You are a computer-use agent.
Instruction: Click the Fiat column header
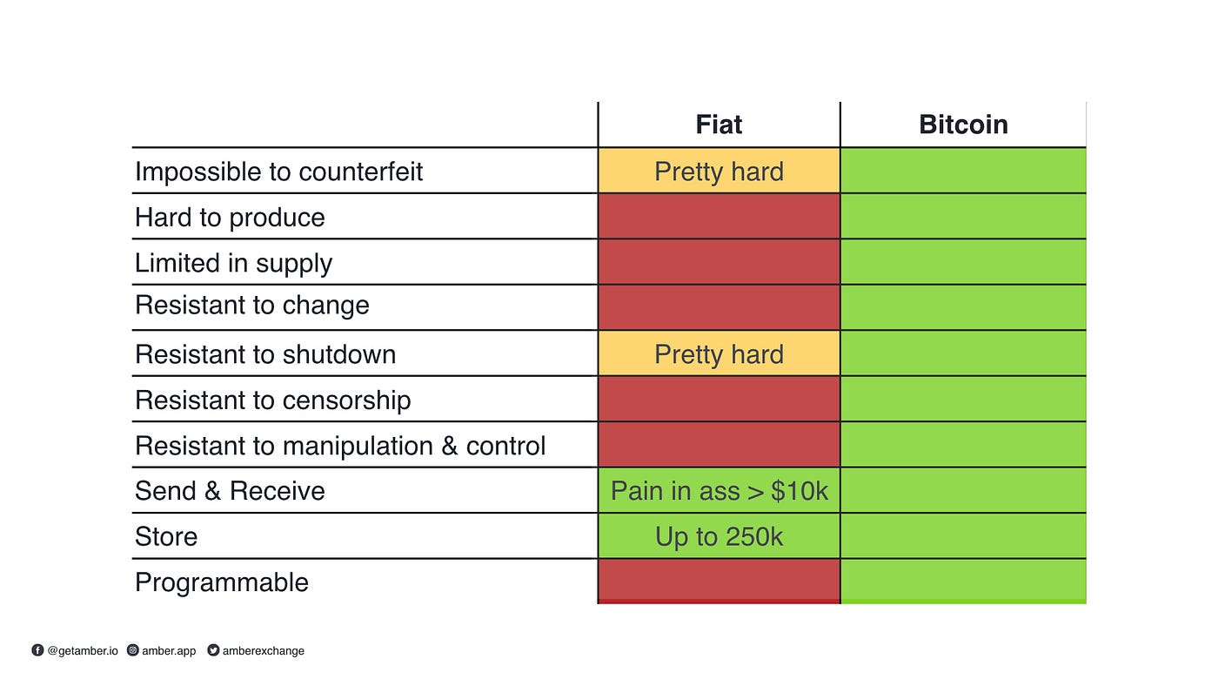point(719,124)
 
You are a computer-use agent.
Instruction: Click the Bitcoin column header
point(963,124)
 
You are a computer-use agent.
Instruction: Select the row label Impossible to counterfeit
point(278,171)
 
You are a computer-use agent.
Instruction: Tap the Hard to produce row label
point(230,218)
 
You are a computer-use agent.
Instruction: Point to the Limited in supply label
point(233,263)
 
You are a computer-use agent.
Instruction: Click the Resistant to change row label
point(251,305)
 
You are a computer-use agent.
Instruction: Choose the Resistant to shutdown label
point(265,354)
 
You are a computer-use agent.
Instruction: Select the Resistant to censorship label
point(273,400)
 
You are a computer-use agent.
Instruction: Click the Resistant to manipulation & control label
point(340,446)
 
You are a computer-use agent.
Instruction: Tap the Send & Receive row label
point(230,491)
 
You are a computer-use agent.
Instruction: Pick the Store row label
point(166,536)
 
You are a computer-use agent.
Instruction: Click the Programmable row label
point(221,582)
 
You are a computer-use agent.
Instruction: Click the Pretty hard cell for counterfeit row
point(719,171)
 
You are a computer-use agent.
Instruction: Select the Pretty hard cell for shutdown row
point(719,353)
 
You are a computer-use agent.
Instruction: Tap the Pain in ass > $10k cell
point(719,491)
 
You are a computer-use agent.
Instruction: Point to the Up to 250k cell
point(719,536)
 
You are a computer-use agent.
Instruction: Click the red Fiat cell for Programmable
point(719,582)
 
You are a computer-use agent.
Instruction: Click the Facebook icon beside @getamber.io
point(37,650)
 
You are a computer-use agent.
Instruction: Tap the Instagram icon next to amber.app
point(132,650)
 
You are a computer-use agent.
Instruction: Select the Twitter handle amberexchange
point(263,650)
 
